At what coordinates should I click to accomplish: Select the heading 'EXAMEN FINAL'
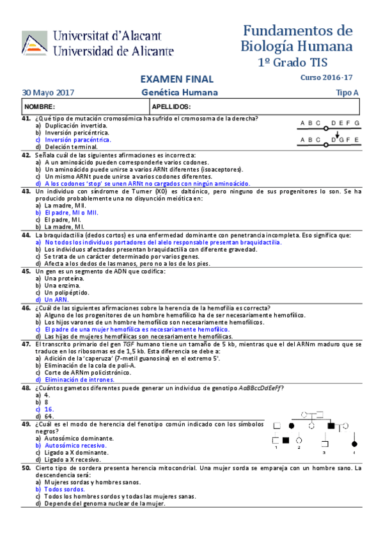(176, 79)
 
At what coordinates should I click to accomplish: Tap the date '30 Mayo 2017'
(48, 93)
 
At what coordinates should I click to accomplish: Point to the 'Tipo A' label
(347, 93)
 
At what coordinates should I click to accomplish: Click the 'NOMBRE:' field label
(40, 106)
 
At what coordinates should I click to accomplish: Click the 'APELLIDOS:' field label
(172, 106)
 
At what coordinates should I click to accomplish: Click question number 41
(26, 118)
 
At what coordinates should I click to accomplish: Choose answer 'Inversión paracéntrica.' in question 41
(77, 139)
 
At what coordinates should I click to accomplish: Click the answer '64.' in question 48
(49, 416)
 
